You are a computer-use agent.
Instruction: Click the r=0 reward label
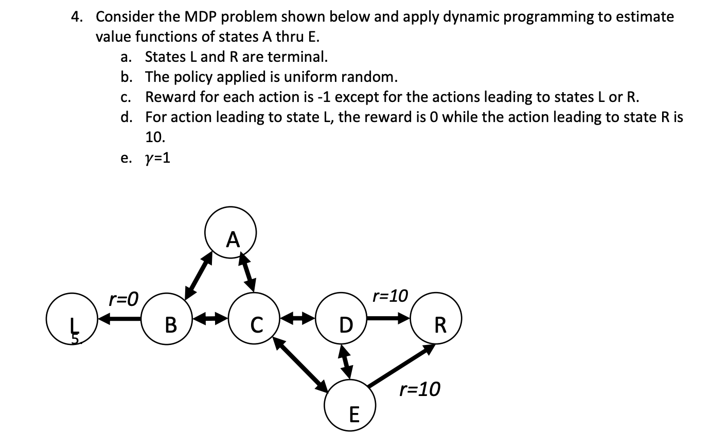click(123, 298)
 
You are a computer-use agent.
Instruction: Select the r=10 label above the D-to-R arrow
click(390, 296)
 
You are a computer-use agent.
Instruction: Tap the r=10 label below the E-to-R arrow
click(420, 389)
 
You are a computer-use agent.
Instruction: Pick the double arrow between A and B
click(199, 275)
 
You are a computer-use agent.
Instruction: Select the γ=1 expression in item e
click(158, 158)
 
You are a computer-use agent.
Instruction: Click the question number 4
click(77, 17)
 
